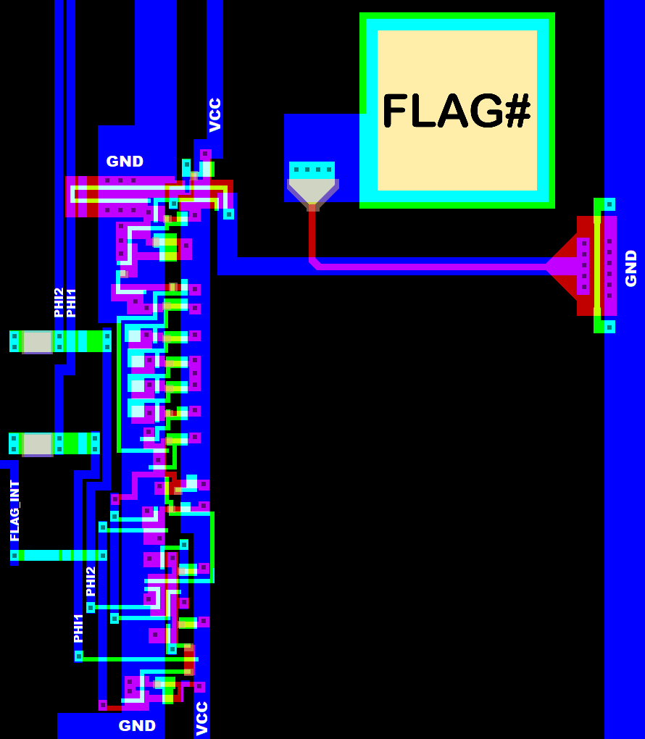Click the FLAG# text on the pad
[x=457, y=111]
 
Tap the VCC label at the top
[x=215, y=114]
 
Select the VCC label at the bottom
[x=202, y=718]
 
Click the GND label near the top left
[x=125, y=162]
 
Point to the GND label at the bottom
[x=137, y=725]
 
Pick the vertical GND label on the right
[x=631, y=268]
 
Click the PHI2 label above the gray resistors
[x=59, y=302]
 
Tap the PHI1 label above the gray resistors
[x=71, y=302]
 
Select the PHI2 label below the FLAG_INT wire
[x=91, y=582]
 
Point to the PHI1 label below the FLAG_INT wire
[x=78, y=628]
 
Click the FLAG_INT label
[x=14, y=511]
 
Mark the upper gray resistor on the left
[x=37, y=341]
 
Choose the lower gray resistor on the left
[x=37, y=443]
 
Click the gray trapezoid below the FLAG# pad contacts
[x=312, y=193]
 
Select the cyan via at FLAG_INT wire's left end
[x=14, y=556]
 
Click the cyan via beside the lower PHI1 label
[x=79, y=656]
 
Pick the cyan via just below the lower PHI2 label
[x=91, y=607]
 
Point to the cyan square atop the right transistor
[x=609, y=204]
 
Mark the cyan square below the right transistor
[x=609, y=327]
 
